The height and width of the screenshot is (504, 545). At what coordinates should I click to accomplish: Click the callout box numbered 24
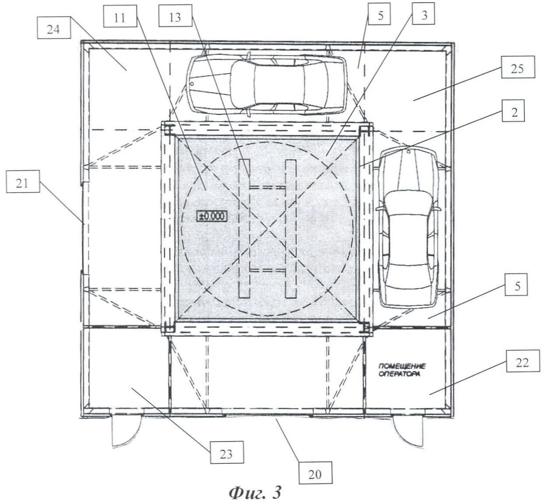pyautogui.click(x=53, y=29)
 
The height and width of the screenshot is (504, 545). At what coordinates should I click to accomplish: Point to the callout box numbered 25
pyautogui.click(x=518, y=67)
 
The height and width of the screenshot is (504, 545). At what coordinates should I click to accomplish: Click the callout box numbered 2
pyautogui.click(x=513, y=111)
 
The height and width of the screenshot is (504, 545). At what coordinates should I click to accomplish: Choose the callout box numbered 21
pyautogui.click(x=23, y=182)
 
